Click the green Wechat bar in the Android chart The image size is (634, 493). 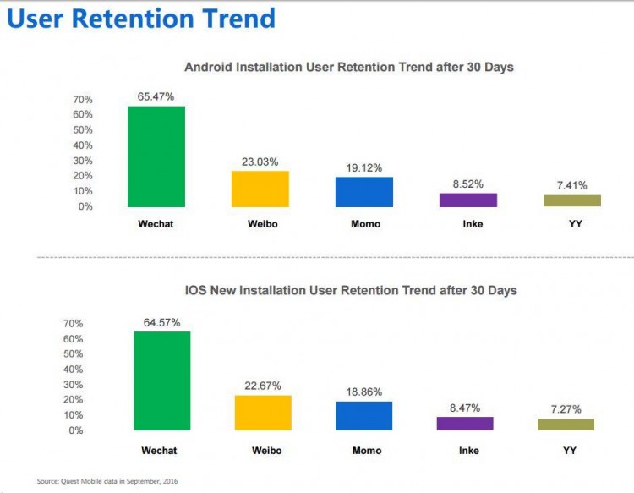[156, 156]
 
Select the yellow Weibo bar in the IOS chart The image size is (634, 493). [263, 413]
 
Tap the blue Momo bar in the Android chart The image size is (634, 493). [364, 192]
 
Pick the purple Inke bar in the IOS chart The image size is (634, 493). [465, 424]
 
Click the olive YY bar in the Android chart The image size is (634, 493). [572, 201]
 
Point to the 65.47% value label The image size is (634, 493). [156, 97]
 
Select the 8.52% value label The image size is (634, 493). [468, 184]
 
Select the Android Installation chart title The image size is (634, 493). [349, 67]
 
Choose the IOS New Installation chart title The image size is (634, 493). [351, 290]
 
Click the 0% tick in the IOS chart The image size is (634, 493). [76, 430]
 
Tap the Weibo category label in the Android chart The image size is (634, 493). [260, 224]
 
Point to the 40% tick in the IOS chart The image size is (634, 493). [74, 370]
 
